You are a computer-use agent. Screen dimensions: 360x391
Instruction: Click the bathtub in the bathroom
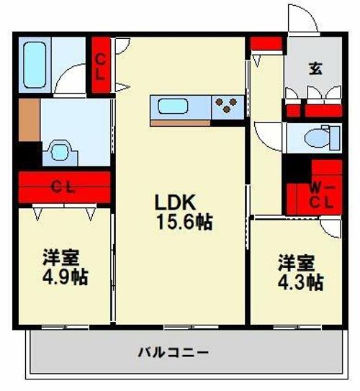tap(35, 65)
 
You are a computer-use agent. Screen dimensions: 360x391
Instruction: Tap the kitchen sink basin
tap(173, 107)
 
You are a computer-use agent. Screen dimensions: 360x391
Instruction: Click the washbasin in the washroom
tap(60, 152)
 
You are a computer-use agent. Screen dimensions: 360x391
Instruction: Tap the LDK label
tap(175, 202)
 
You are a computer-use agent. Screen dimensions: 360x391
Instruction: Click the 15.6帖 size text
tap(184, 222)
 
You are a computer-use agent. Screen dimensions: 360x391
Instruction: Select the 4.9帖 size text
tap(65, 277)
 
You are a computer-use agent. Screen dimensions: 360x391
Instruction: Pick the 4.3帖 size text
tap(301, 282)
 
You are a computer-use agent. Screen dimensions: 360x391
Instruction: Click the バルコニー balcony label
tap(173, 353)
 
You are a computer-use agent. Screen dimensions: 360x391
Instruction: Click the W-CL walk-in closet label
tap(321, 197)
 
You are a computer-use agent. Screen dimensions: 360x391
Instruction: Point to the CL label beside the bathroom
tap(100, 67)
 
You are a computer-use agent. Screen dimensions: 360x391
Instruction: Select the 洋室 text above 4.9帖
tap(61, 257)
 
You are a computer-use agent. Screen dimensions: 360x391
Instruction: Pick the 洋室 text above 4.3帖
tap(297, 263)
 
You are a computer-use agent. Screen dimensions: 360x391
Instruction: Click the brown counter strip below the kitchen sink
tap(181, 123)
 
